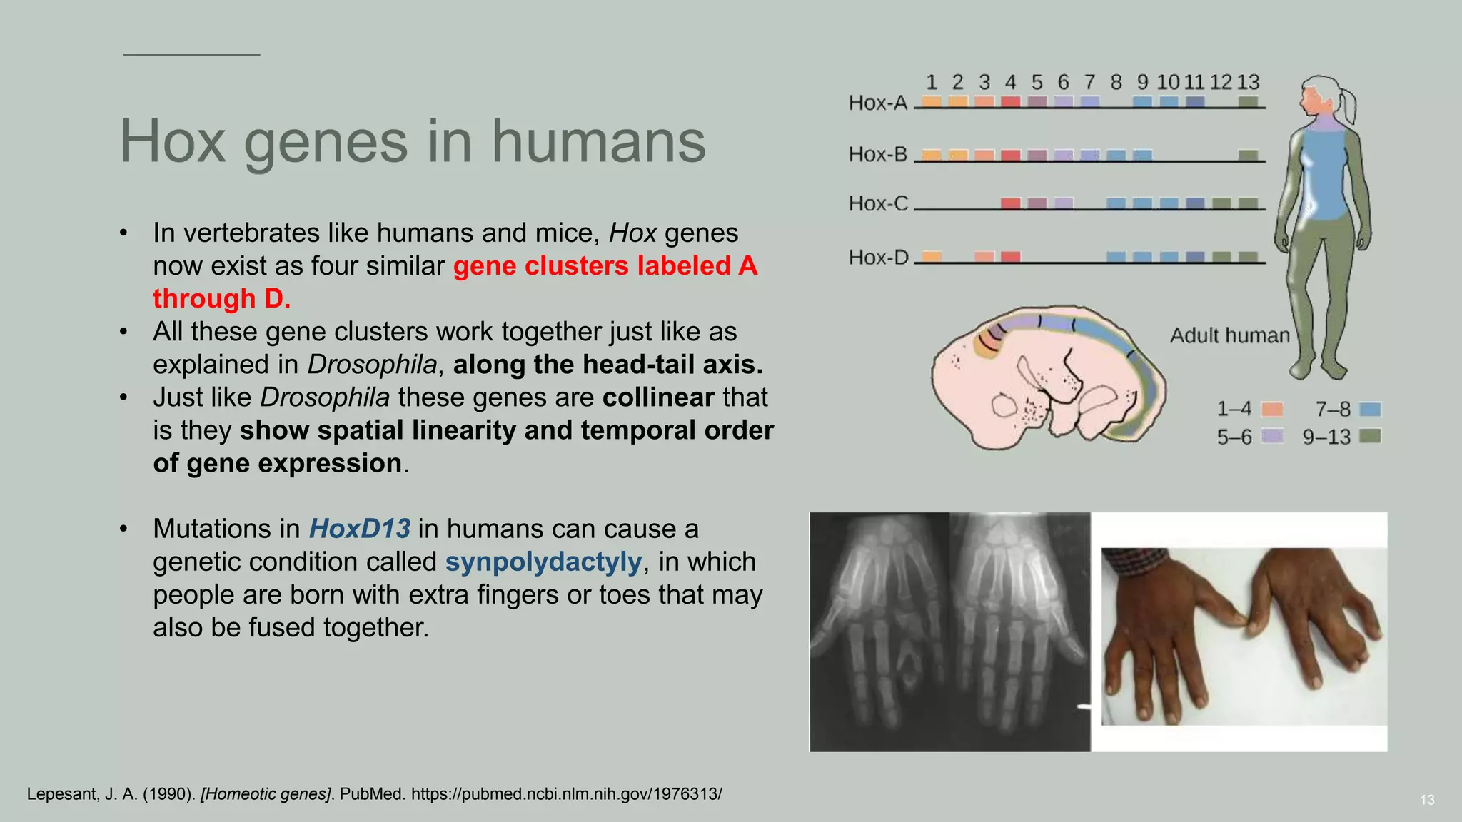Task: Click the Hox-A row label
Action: click(x=877, y=103)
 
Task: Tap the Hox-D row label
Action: click(x=878, y=258)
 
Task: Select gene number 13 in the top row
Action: click(x=1248, y=83)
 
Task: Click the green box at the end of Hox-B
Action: click(x=1248, y=155)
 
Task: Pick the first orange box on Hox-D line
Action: click(x=932, y=256)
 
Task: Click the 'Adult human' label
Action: click(x=1229, y=335)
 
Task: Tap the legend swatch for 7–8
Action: click(x=1370, y=410)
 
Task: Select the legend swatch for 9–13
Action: click(x=1370, y=436)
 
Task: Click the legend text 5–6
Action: click(x=1234, y=437)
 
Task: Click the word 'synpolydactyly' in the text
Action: click(x=543, y=562)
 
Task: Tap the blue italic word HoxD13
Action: click(x=359, y=529)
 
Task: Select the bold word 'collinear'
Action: click(x=657, y=397)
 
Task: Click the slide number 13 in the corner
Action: click(x=1427, y=800)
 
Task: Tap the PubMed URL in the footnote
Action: click(x=566, y=794)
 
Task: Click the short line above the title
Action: click(x=191, y=54)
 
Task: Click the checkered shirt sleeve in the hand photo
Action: click(x=1135, y=557)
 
